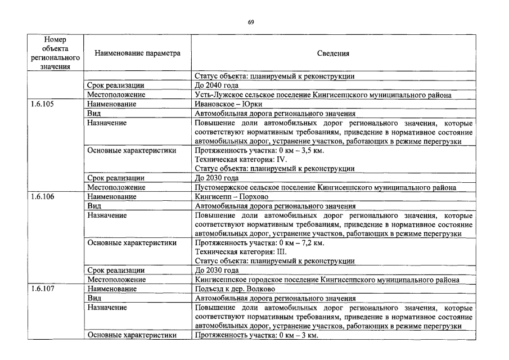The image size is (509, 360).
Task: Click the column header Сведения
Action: pyautogui.click(x=333, y=54)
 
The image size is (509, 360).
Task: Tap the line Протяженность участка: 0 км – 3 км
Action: pyautogui.click(x=256, y=335)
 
